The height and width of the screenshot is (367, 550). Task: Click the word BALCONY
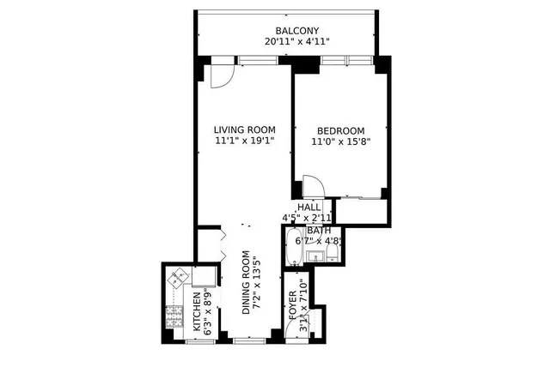287,29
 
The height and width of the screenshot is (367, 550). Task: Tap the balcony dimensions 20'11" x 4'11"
287,41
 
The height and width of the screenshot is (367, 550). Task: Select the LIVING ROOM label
245,130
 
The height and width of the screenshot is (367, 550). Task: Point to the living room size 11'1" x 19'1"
245,142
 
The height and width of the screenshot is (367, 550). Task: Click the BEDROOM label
340,130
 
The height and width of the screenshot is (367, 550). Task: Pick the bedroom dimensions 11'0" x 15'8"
340,142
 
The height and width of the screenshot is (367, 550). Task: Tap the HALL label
309,207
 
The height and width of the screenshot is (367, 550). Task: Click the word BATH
319,230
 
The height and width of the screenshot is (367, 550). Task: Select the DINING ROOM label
247,283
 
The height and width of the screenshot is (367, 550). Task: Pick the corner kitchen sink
178,278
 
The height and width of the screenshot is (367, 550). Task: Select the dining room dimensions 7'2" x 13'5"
259,283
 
